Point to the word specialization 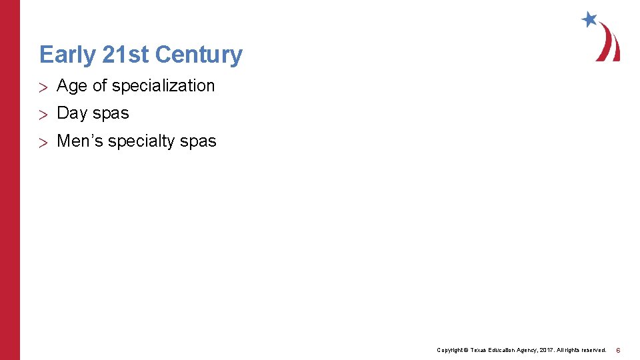163,86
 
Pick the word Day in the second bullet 72,113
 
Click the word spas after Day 111,114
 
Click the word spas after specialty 198,142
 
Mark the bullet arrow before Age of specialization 43,87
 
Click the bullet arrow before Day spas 43,115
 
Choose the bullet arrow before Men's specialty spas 43,142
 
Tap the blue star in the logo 589,19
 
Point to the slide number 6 618,350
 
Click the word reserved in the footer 593,350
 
